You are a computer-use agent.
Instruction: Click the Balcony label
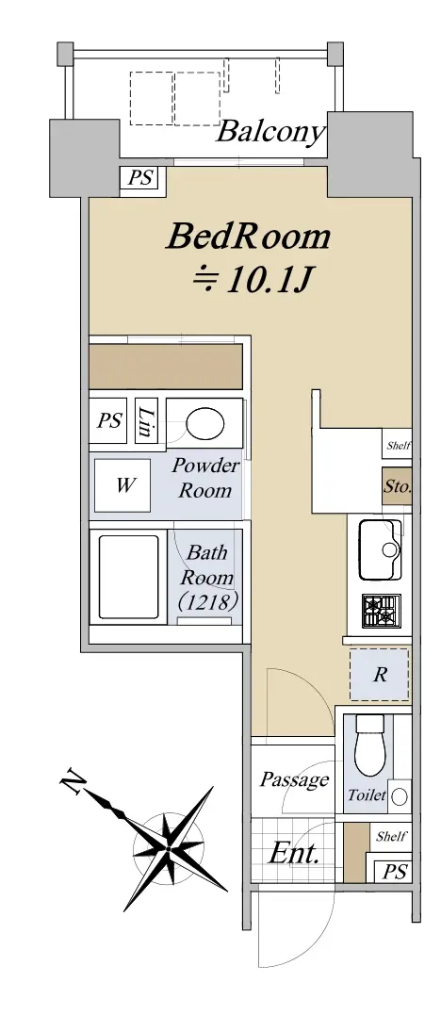click(x=269, y=133)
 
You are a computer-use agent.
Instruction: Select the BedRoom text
click(x=248, y=237)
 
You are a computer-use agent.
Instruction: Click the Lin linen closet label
click(x=145, y=421)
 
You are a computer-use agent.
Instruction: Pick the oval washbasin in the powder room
click(x=205, y=424)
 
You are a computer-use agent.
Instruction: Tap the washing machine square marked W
click(x=122, y=485)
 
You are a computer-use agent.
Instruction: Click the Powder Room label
click(x=204, y=478)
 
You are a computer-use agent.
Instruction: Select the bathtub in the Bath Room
click(x=129, y=577)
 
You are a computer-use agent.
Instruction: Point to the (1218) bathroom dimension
click(x=208, y=602)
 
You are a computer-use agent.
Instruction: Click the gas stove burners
click(x=381, y=611)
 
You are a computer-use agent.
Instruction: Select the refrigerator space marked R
click(x=380, y=675)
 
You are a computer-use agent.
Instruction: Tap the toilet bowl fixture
click(x=370, y=745)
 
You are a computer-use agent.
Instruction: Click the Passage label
click(x=295, y=779)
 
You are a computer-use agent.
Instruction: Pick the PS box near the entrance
click(x=394, y=872)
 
